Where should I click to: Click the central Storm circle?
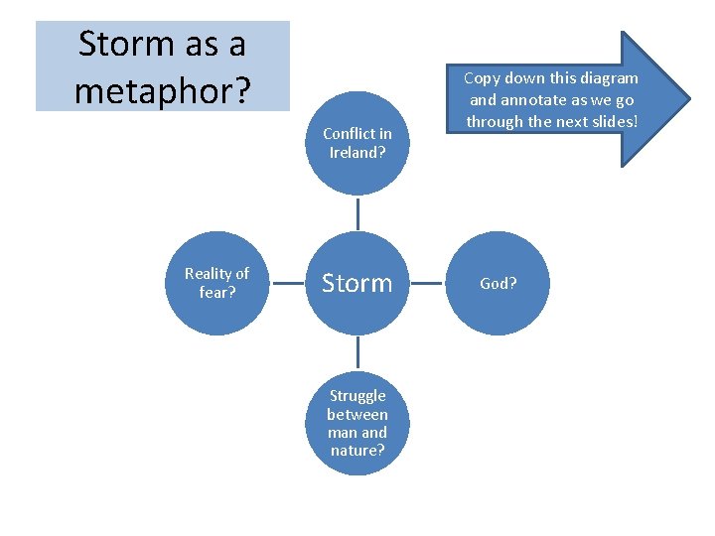click(x=357, y=283)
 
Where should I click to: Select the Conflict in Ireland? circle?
click(x=357, y=143)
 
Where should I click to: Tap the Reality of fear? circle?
click(x=216, y=283)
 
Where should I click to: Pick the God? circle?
click(x=498, y=283)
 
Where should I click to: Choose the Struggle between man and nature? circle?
click(x=357, y=423)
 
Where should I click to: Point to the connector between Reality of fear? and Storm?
click(x=286, y=283)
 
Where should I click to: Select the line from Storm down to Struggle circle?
click(x=357, y=353)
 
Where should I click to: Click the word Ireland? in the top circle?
click(x=357, y=153)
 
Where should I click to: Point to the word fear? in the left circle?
click(x=216, y=293)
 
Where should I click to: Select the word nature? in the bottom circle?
click(x=357, y=451)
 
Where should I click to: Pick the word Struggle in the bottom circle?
click(x=357, y=396)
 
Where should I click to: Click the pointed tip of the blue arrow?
click(x=687, y=99)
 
